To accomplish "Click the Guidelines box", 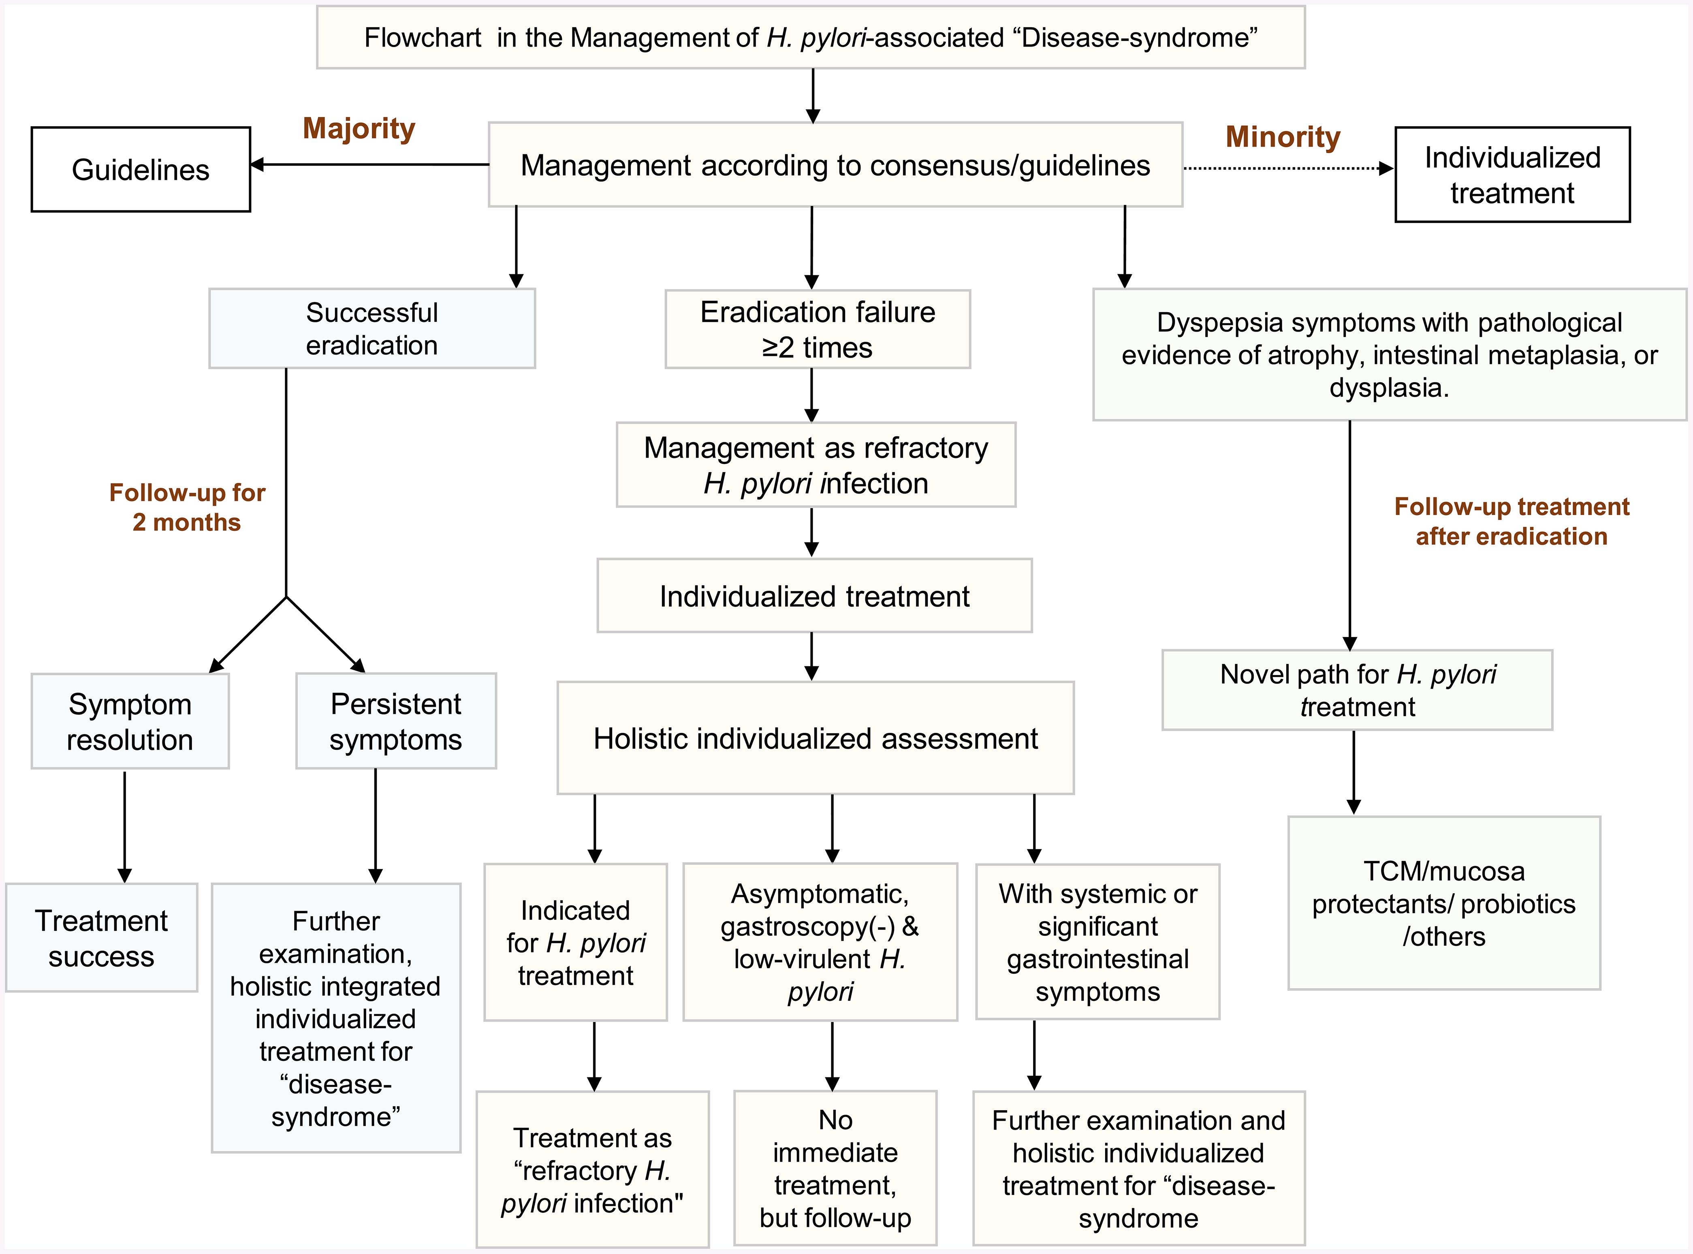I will tap(141, 169).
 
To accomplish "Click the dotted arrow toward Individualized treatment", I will tap(1287, 168).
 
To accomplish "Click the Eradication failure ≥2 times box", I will tap(817, 330).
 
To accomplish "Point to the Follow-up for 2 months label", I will tap(187, 507).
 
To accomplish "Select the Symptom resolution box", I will tap(130, 721).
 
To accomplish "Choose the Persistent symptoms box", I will tap(396, 721).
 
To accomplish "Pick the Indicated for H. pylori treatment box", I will tap(576, 942).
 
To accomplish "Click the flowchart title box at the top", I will tap(810, 37).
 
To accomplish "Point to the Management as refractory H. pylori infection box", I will tap(816, 464).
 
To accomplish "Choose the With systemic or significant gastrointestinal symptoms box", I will tap(1097, 941).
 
